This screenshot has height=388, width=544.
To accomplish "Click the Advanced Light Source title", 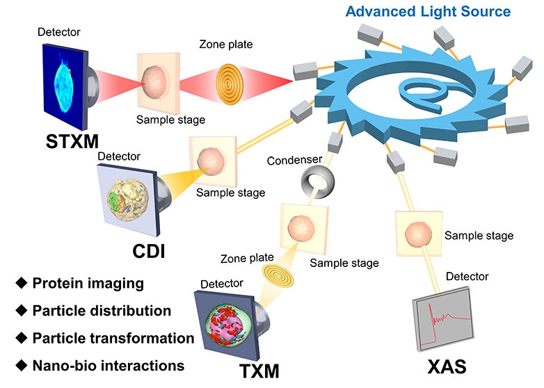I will pyautogui.click(x=428, y=11).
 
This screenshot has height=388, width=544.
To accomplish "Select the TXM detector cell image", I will pyautogui.click(x=234, y=328).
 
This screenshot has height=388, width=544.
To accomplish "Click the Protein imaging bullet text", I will pyautogui.click(x=88, y=284).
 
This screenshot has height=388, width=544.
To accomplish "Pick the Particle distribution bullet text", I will pyautogui.click(x=102, y=311).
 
